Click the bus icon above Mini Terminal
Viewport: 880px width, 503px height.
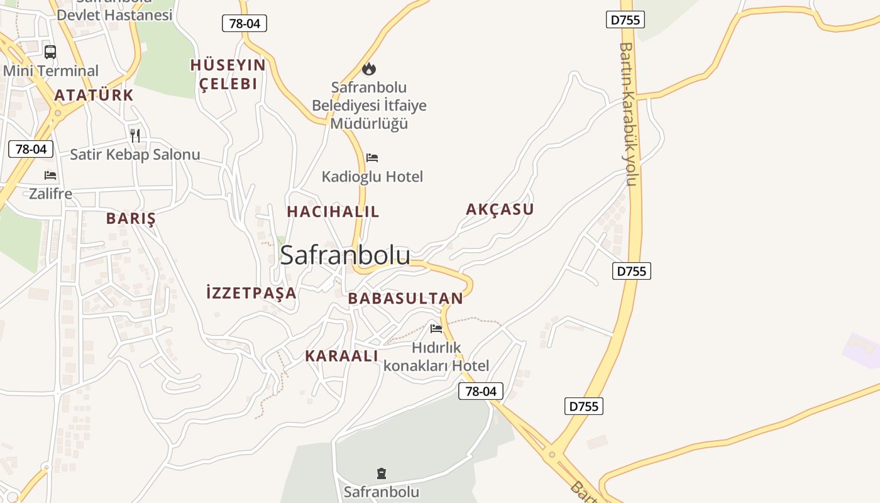pos(50,52)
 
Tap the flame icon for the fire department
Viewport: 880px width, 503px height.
pos(369,69)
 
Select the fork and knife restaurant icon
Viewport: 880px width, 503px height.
pos(135,135)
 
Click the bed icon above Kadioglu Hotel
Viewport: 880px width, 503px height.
pos(372,158)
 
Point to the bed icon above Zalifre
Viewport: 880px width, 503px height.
pos(50,175)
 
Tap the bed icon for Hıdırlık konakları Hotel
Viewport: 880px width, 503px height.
pos(436,328)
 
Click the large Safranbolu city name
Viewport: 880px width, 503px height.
pos(345,255)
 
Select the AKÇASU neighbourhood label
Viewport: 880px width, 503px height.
pos(500,209)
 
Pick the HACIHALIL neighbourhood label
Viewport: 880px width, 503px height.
pos(333,212)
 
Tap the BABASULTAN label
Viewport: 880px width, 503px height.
pos(405,299)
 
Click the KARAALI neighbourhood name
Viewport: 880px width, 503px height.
pos(342,356)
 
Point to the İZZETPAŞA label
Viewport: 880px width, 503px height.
pos(251,292)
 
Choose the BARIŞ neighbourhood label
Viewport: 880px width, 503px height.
pos(131,219)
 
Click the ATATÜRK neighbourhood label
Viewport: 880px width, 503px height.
pos(94,95)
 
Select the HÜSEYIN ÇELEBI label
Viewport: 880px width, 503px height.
pos(228,74)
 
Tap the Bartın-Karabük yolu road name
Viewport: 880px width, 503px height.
pos(627,114)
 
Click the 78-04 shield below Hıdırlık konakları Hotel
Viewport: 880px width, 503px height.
pos(481,391)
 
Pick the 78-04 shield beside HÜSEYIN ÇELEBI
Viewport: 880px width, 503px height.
pos(245,24)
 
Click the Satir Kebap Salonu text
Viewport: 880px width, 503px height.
pos(135,155)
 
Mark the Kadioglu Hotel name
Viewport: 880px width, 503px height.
pos(373,177)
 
